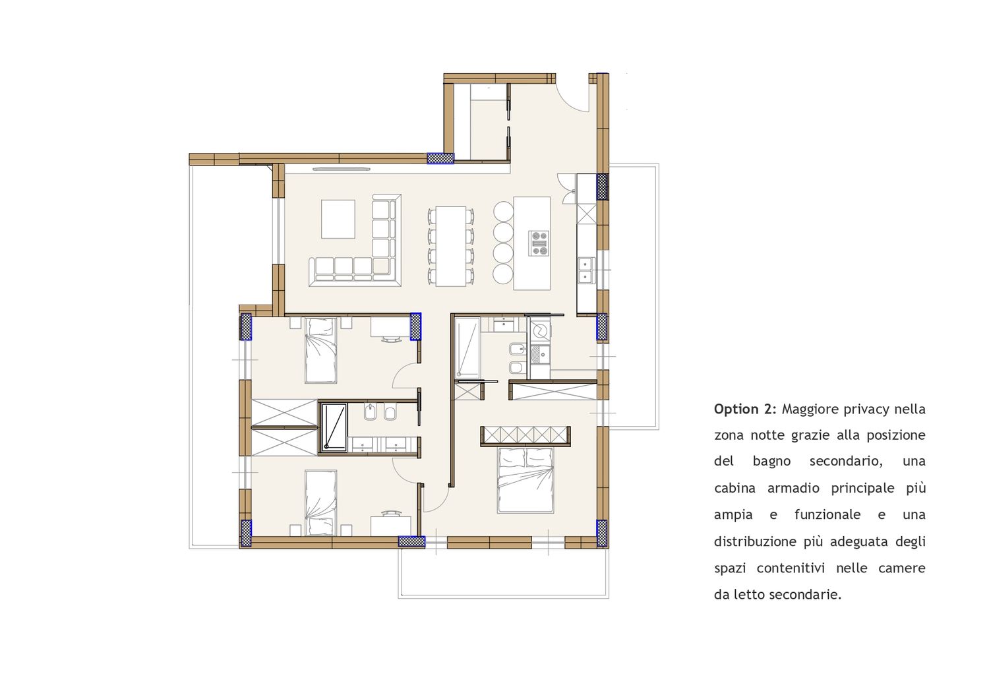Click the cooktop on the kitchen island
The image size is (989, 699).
point(539,243)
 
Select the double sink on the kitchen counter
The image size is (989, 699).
point(586,270)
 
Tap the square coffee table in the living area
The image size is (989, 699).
point(338,219)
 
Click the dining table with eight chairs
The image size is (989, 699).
point(451,246)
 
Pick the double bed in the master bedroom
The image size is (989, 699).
point(525,480)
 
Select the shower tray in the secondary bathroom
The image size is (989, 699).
point(334,427)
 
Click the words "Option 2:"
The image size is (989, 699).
point(745,410)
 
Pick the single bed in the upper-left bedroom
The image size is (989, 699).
point(321,350)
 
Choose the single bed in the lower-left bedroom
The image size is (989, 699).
point(321,503)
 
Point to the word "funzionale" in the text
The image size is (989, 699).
point(827,515)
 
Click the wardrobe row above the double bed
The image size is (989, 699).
point(525,437)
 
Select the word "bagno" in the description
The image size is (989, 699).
point(772,462)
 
